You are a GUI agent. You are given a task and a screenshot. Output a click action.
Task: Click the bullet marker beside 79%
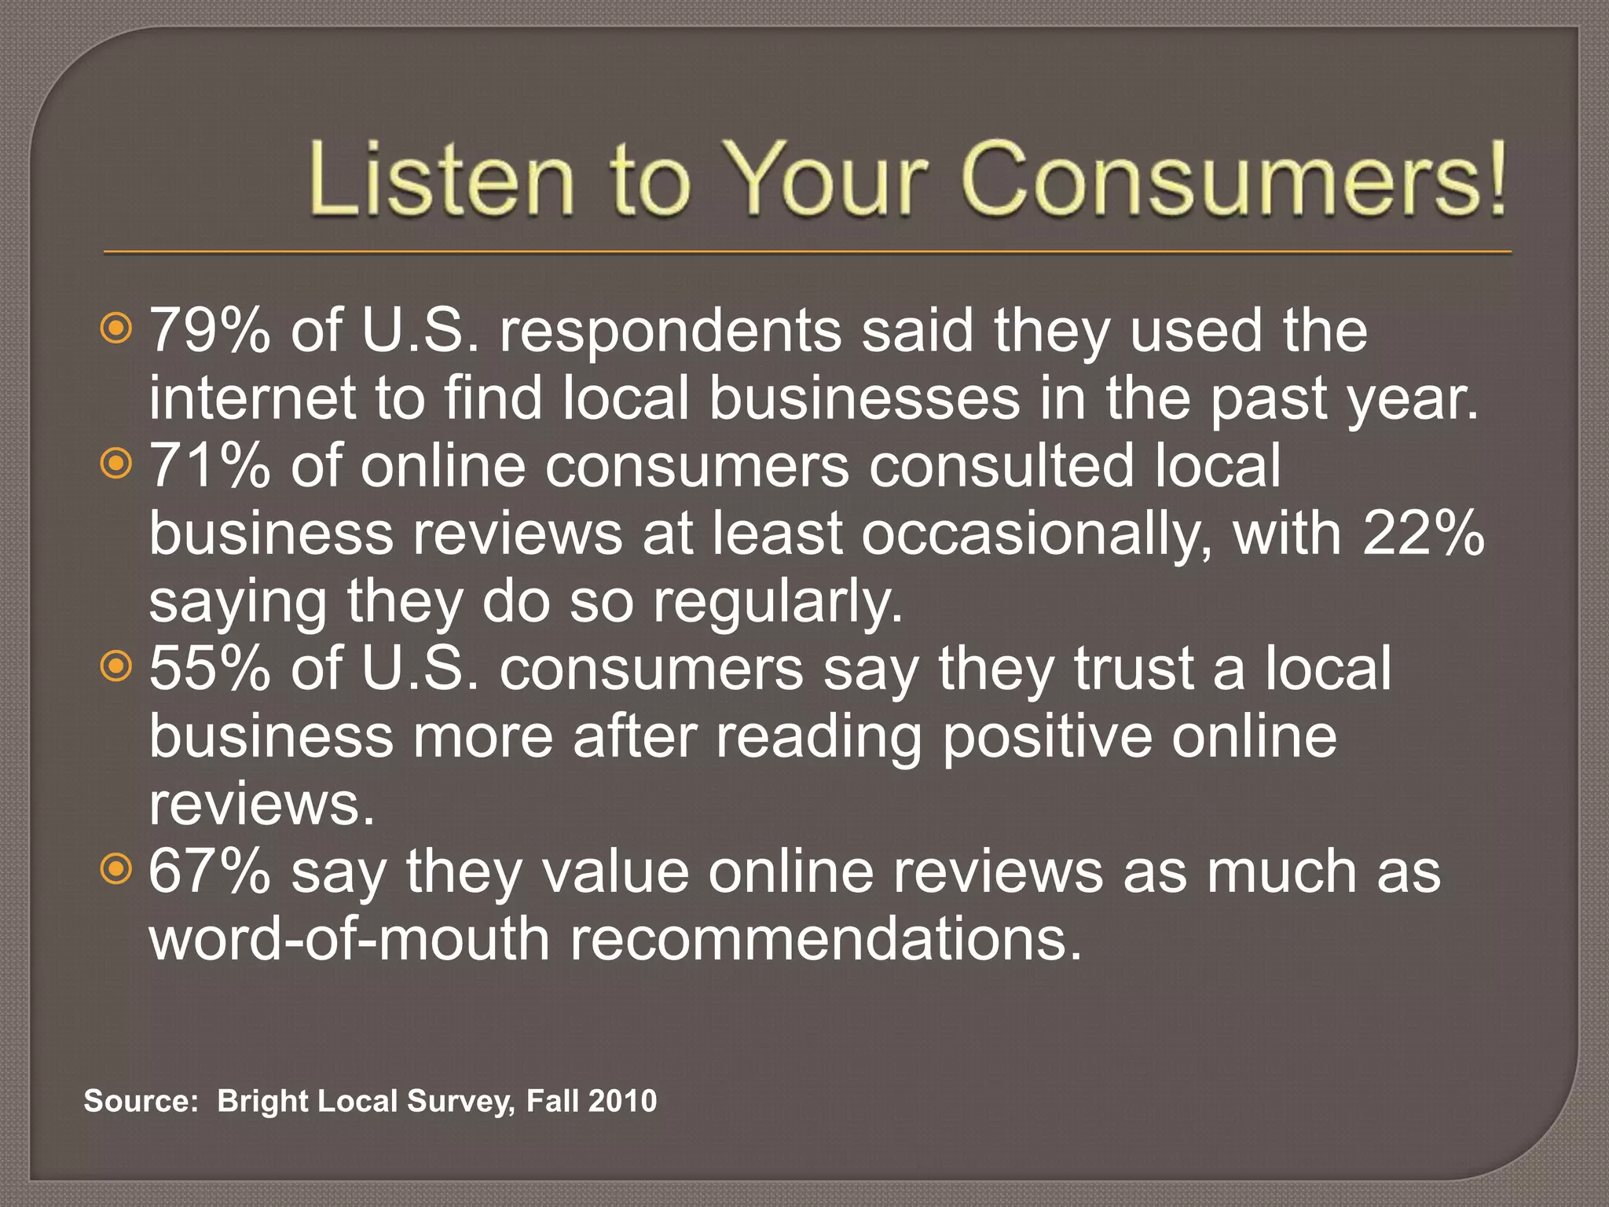click(116, 328)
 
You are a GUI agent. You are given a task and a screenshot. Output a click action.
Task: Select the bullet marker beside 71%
click(116, 464)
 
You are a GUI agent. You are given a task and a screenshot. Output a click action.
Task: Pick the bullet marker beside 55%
click(116, 666)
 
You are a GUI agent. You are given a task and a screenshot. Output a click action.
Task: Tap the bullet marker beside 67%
click(116, 869)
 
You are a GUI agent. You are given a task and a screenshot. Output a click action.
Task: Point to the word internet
click(252, 398)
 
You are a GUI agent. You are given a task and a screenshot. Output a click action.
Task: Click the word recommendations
click(825, 939)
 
